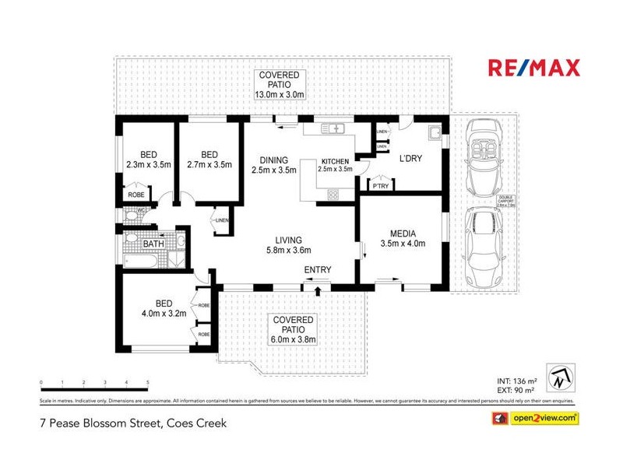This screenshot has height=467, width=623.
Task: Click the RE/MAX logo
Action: point(533,68)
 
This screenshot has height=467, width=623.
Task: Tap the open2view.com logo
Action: point(534,419)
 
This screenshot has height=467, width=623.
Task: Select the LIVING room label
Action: point(288,240)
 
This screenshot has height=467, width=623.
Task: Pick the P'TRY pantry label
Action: point(380,186)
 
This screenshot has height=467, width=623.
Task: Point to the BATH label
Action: point(153,244)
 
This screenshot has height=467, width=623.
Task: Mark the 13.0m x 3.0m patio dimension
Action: point(279,95)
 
